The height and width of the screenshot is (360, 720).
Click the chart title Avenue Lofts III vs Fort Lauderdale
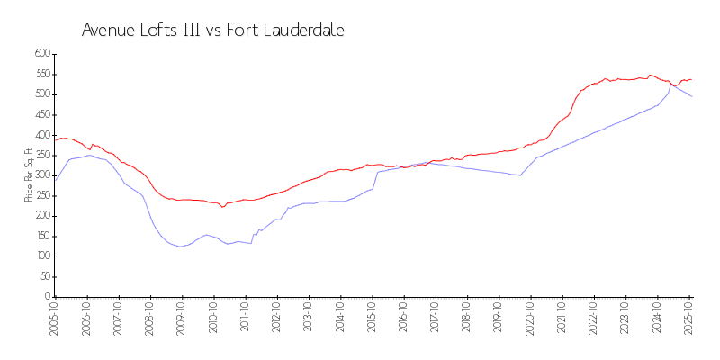click(x=213, y=30)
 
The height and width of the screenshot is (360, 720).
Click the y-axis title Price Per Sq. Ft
click(x=29, y=175)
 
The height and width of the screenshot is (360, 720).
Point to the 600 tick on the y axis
click(x=40, y=54)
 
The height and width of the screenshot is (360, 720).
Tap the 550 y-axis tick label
click(x=40, y=74)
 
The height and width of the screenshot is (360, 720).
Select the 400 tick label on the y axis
click(x=40, y=135)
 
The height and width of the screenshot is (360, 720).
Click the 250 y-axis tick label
click(x=40, y=195)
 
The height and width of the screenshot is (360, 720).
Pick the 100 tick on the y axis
click(x=40, y=256)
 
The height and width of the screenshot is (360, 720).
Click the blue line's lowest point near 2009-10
click(x=180, y=247)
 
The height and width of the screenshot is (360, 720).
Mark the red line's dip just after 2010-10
click(x=223, y=207)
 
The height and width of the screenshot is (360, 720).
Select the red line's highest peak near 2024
click(x=650, y=76)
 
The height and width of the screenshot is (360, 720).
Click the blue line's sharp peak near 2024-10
click(x=670, y=85)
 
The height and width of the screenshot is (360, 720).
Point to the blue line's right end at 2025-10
click(x=691, y=96)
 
